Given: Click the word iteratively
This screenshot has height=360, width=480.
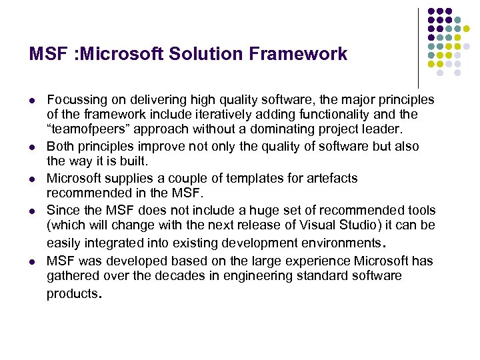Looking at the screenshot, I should pyautogui.click(x=242, y=114).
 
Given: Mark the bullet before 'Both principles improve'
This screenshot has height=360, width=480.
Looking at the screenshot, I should pyautogui.click(x=33, y=147).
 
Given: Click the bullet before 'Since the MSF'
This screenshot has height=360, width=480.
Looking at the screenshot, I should pyautogui.click(x=33, y=211).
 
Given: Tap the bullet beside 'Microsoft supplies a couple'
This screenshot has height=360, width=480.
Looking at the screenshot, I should pyautogui.click(x=33, y=179).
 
